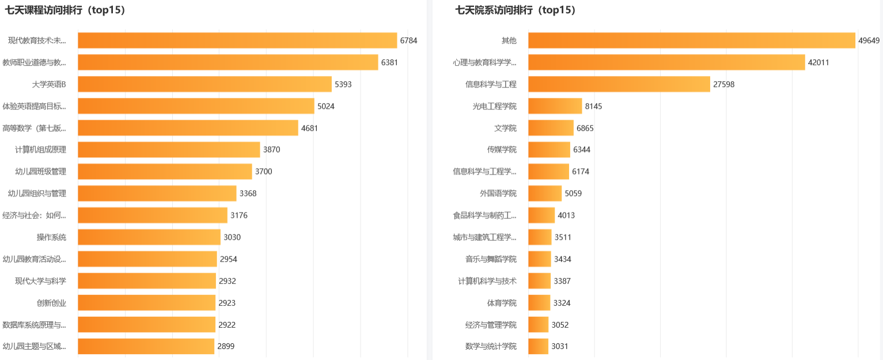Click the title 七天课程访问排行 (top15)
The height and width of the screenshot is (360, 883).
click(x=65, y=10)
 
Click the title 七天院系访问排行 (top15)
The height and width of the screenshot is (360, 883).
click(x=516, y=10)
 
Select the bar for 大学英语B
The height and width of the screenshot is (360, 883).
click(x=204, y=84)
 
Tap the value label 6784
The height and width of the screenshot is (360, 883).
click(x=408, y=40)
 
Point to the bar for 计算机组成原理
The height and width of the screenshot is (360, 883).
click(x=169, y=150)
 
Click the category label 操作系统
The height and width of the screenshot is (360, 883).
click(x=51, y=237)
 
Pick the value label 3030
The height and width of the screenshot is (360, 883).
click(x=232, y=237)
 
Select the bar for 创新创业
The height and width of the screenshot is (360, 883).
click(x=146, y=303)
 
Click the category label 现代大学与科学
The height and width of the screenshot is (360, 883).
click(x=40, y=281)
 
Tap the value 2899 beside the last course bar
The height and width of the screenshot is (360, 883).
click(x=226, y=347)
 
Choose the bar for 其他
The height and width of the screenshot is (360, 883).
click(x=691, y=40)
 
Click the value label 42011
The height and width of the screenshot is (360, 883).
click(x=818, y=62)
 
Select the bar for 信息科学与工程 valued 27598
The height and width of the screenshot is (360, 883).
click(x=619, y=84)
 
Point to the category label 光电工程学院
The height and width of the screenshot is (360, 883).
click(x=494, y=106)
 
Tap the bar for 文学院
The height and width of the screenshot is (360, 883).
click(x=551, y=128)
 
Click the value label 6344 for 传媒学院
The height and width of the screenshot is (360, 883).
click(x=582, y=150)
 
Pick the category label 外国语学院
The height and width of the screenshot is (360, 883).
click(x=498, y=194)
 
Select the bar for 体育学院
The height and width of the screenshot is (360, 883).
click(x=539, y=303)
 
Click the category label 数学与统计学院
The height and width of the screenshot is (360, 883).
click(x=491, y=347)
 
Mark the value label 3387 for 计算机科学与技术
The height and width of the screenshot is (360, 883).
click(x=562, y=281)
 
